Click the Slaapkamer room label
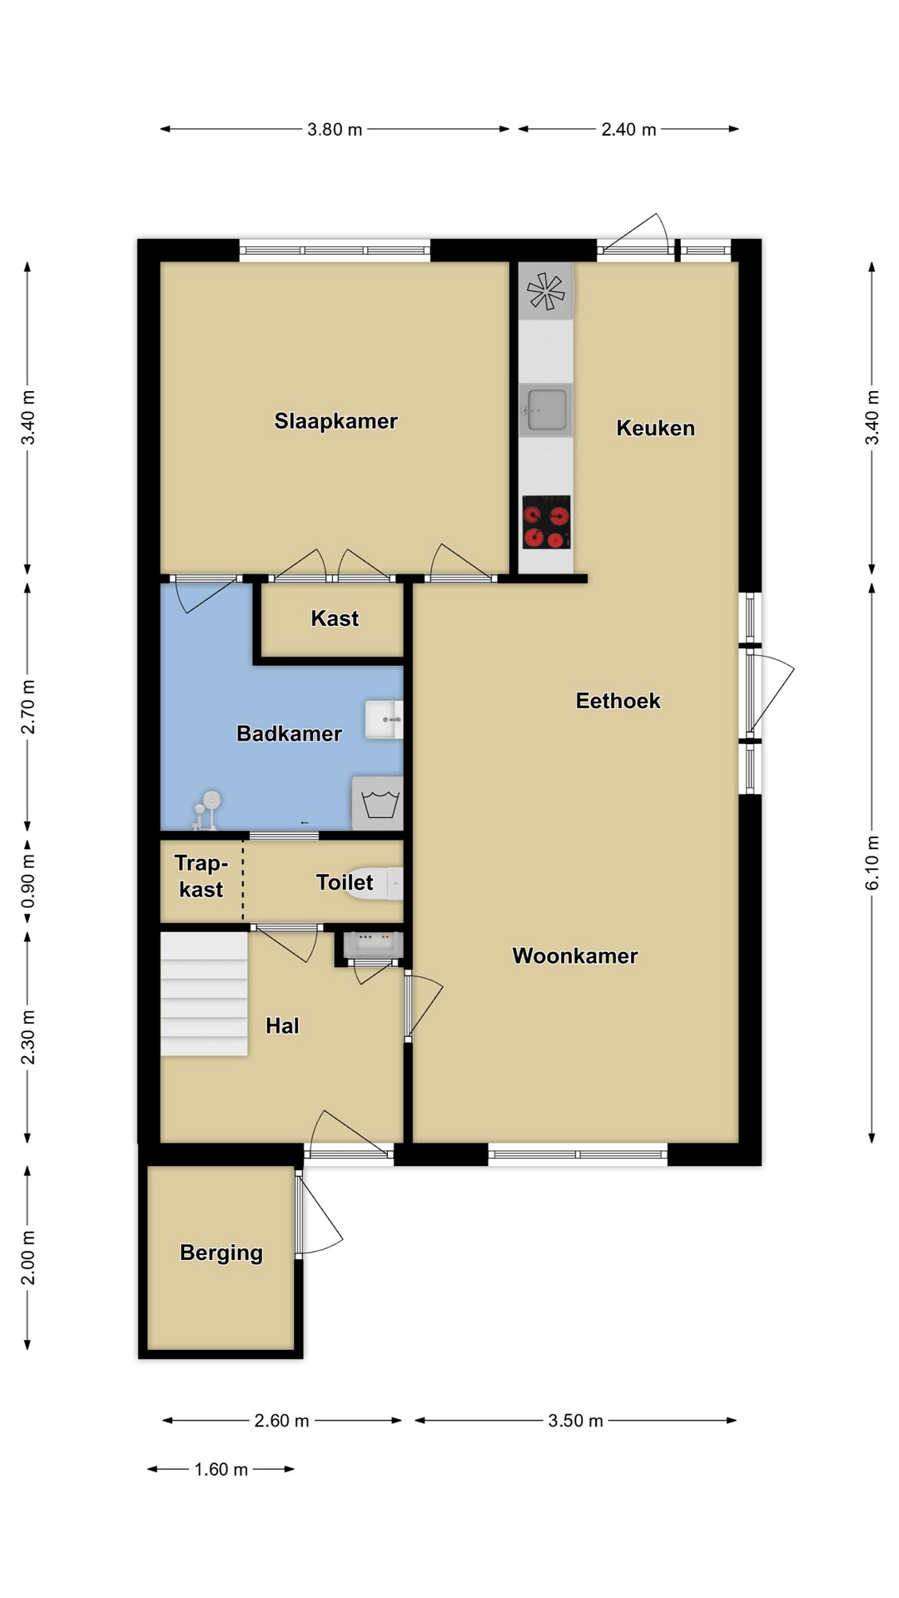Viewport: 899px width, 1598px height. pos(336,421)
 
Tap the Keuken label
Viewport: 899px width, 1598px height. pos(655,428)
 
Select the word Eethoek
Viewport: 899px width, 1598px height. pos(618,701)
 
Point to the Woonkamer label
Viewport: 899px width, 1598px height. pos(575,955)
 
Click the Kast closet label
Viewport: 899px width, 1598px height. pos(335,618)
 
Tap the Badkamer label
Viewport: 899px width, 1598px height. pos(289,733)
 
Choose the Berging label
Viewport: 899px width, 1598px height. pos(221,1253)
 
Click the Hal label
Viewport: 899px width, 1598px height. pos(282,1025)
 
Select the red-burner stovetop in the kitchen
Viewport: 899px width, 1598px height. pos(547,522)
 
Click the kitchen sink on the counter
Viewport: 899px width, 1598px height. pos(546,409)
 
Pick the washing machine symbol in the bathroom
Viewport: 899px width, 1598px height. pos(378,803)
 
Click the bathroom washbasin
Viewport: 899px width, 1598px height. pos(384,719)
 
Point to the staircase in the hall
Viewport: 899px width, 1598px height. pos(204,994)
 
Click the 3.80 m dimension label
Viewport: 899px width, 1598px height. pos(335,130)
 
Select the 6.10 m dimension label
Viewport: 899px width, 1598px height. pos(872,863)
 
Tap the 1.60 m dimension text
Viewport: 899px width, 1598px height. pos(221,1470)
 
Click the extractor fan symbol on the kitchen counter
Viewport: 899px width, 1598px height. pos(546,291)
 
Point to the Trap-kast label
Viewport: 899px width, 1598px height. pos(201,876)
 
